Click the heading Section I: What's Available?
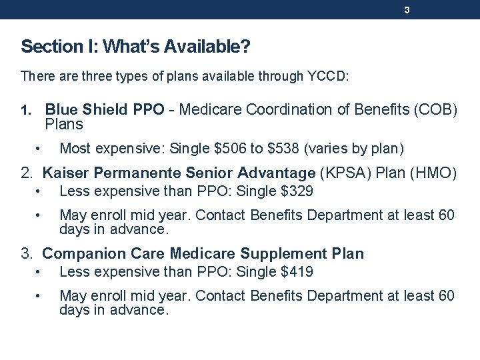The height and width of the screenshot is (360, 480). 135,47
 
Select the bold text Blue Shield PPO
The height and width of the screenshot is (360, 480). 105,109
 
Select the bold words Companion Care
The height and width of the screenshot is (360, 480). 104,254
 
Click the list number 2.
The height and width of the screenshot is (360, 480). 26,173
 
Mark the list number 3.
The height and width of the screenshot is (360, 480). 26,254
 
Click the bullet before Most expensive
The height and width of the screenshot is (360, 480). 40,148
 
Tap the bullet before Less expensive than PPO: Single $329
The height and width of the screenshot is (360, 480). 40,192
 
